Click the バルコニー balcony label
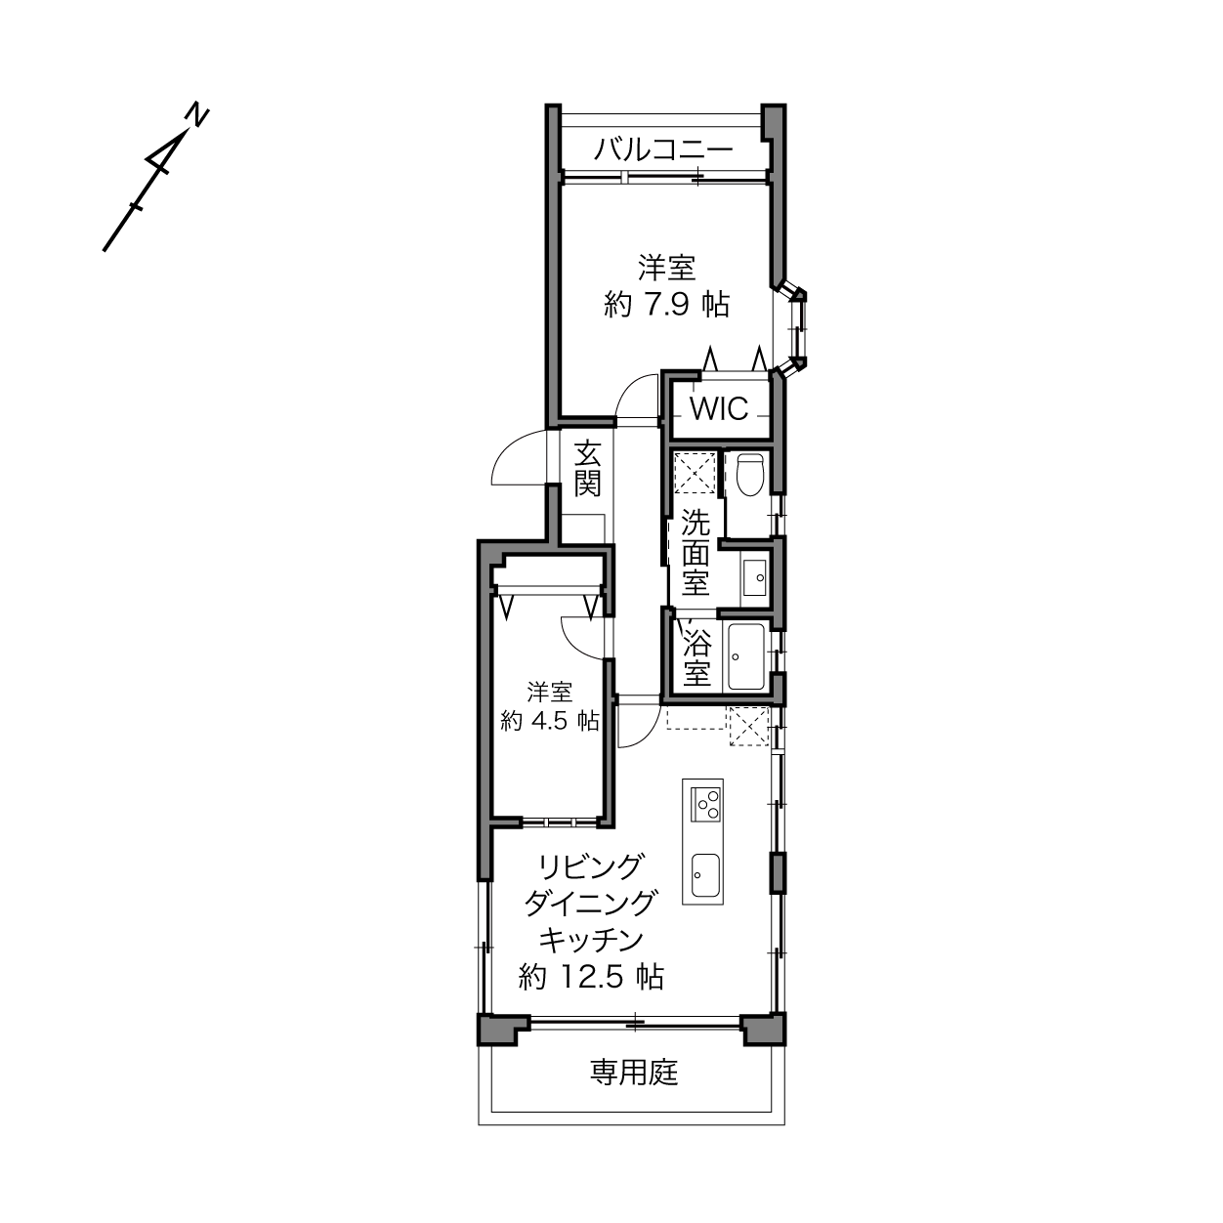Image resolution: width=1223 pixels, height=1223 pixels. coord(663,150)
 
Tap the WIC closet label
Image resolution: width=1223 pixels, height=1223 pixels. coord(719,409)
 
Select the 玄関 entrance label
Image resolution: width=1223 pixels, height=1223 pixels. coord(588,470)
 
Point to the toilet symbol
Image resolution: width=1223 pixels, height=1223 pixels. coord(749,475)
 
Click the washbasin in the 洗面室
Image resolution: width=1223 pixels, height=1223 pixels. coord(755,577)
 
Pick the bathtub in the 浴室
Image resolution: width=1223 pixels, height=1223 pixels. coord(746,656)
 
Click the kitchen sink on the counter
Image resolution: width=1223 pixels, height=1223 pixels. coord(704,875)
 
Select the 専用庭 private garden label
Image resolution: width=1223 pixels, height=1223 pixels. coord(635,1074)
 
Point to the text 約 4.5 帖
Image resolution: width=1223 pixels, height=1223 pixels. coord(550,721)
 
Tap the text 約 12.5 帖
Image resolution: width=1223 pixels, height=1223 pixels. coord(592,978)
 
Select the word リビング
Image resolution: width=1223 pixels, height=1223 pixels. coord(590,867)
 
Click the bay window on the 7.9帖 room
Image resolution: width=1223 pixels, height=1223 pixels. coord(793,329)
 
